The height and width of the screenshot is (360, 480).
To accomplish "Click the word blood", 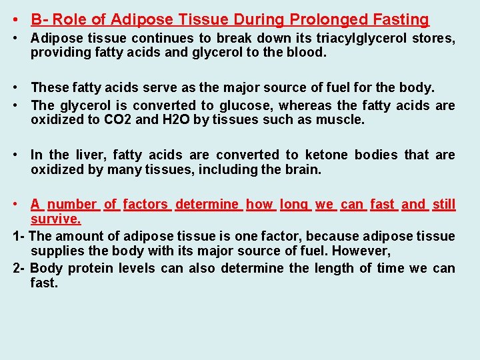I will click(307, 53).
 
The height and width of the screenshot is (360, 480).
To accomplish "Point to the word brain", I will click(303, 169).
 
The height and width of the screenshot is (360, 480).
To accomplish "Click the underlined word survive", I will click(55, 219).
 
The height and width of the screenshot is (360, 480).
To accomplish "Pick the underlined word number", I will click(72, 204).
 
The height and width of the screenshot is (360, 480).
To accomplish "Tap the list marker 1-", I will click(19, 236).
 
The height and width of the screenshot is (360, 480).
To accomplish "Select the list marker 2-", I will click(19, 268).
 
